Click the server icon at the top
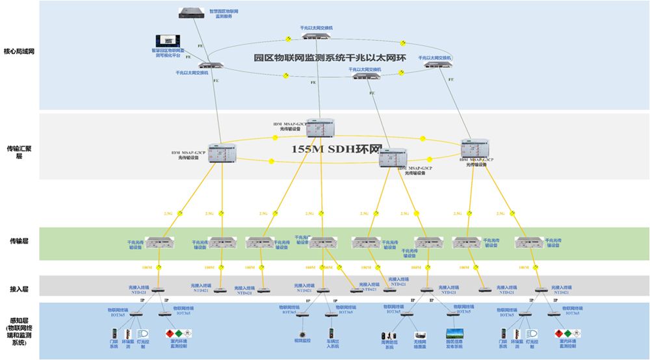[192, 12]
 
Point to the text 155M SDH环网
[336, 148]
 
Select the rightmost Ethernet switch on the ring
[437, 65]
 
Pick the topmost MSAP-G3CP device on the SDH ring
[319, 127]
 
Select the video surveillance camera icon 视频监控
[298, 322]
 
